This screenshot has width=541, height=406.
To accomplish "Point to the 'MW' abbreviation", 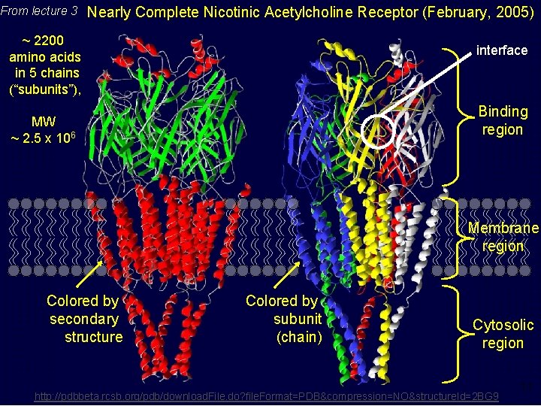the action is tap(44, 121).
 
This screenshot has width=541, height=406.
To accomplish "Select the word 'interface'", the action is tap(502, 50).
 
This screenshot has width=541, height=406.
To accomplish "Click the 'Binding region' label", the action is tap(503, 120).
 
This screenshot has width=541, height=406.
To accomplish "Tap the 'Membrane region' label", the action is tap(503, 237).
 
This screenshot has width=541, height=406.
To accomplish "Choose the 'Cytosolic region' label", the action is tap(503, 334).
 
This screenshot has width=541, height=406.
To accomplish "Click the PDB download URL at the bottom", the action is tap(267, 395).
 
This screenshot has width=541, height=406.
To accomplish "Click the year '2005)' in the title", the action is tap(513, 12).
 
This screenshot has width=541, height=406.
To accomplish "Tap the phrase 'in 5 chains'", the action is tap(45, 72).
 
